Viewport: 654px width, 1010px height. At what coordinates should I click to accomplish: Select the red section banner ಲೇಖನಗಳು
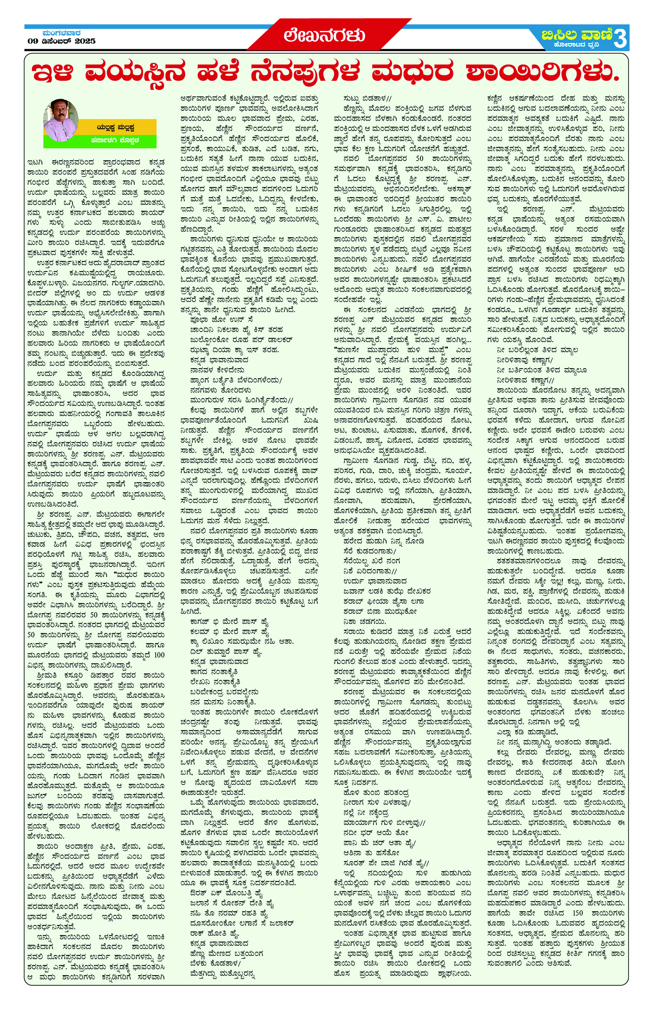[x=324, y=36]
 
